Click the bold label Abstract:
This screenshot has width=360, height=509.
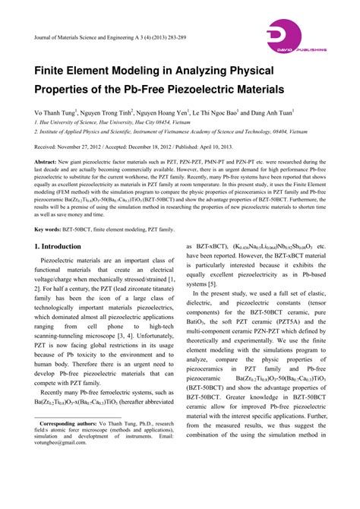[46, 162]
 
